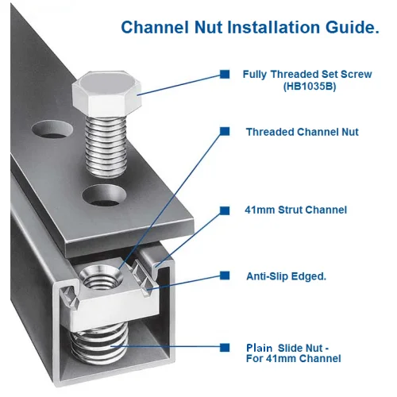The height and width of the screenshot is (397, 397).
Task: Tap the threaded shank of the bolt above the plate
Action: tap(106, 147)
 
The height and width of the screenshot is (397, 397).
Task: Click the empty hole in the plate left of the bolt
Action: tap(52, 129)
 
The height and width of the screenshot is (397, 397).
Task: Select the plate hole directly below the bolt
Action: tap(104, 195)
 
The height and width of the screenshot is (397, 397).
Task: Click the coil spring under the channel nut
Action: tap(99, 344)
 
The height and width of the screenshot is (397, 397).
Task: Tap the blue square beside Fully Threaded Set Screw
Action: tap(225, 74)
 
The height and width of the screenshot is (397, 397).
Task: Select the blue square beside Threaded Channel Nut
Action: tap(225, 132)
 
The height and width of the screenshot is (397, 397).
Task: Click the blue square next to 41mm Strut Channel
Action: tap(225, 210)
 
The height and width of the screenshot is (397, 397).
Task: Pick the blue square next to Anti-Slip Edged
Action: tap(225, 276)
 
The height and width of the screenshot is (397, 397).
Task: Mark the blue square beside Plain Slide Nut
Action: tap(225, 347)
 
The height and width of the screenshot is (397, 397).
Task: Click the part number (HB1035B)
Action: tap(310, 87)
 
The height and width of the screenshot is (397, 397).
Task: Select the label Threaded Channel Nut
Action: tap(303, 132)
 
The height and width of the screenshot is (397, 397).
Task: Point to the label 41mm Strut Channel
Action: tap(296, 210)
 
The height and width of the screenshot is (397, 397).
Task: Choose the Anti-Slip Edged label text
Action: tap(286, 276)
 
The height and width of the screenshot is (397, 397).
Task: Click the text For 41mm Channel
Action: tap(294, 359)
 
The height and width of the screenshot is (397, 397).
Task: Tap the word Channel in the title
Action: tap(155, 27)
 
